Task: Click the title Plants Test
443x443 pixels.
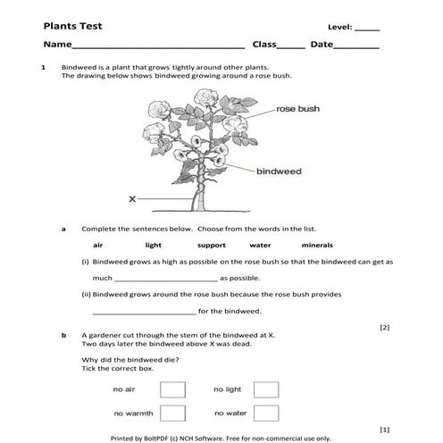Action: [72, 27]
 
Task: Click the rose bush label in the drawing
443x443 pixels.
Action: [297, 109]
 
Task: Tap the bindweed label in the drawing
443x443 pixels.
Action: [279, 171]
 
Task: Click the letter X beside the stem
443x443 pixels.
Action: [132, 198]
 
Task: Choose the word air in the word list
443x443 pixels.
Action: [98, 245]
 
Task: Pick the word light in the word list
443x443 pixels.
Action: [154, 245]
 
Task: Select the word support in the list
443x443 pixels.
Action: [212, 245]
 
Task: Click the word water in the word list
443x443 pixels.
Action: [260, 245]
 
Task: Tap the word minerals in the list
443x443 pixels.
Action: [317, 245]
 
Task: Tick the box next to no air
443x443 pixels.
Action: [172, 389]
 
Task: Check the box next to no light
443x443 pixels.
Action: [266, 389]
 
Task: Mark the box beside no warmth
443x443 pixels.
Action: [172, 413]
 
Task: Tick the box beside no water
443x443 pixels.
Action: [266, 413]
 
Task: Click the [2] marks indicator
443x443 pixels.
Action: [384, 328]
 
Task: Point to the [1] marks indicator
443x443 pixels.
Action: [384, 429]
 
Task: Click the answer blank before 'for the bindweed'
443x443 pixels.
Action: [144, 313]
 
